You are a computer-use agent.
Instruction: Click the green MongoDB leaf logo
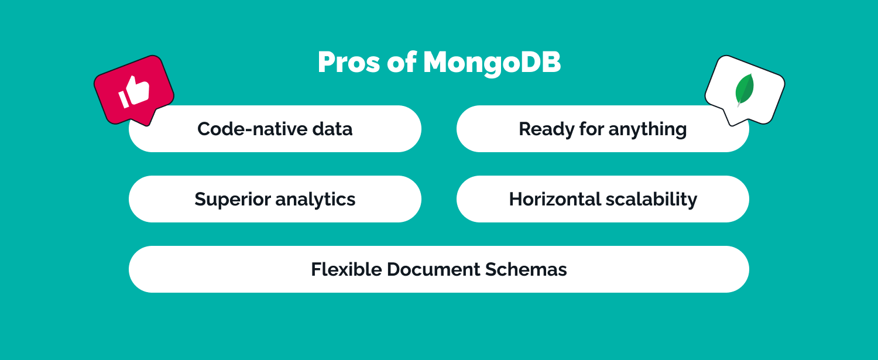[745, 90]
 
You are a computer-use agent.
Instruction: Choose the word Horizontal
[553, 199]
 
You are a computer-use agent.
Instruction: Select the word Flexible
[347, 269]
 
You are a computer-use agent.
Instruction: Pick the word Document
[434, 269]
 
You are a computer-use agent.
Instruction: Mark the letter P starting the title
[327, 63]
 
